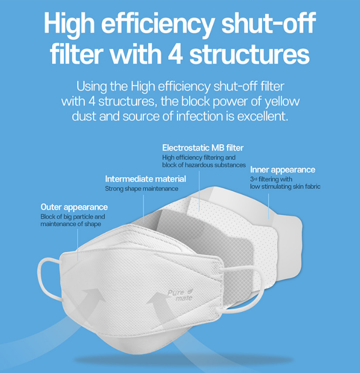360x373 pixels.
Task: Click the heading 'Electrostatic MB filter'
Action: pyautogui.click(x=203, y=148)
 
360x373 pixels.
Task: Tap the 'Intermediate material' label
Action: pyautogui.click(x=146, y=179)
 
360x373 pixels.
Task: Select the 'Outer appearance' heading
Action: pyautogui.click(x=74, y=207)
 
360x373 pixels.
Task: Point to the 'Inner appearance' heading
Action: pyautogui.click(x=282, y=170)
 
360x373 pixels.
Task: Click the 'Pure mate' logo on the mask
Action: pyautogui.click(x=180, y=295)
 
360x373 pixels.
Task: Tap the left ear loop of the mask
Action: pyautogui.click(x=49, y=278)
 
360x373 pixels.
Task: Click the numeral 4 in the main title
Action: pyautogui.click(x=175, y=54)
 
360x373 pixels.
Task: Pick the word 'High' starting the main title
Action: pyautogui.click(x=69, y=24)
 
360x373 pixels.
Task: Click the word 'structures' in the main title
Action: pyautogui.click(x=250, y=54)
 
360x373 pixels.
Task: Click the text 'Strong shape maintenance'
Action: pyautogui.click(x=142, y=189)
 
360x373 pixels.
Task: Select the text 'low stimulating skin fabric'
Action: pyautogui.click(x=285, y=186)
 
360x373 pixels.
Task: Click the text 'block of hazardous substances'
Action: pyautogui.click(x=204, y=165)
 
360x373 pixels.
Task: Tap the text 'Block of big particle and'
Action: pyautogui.click(x=73, y=217)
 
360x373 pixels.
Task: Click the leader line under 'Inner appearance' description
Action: pyautogui.click(x=268, y=206)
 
